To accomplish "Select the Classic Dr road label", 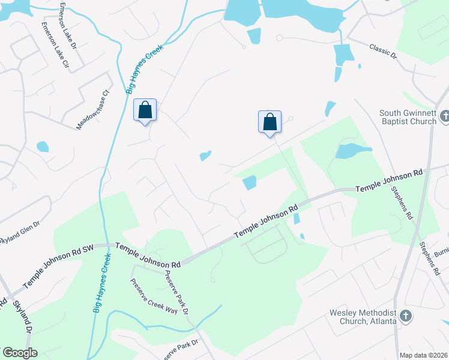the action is [383, 50].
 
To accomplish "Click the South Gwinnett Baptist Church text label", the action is [408, 117].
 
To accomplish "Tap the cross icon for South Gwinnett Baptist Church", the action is [444, 116].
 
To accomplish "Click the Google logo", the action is [19, 353].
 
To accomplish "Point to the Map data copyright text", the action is [423, 355].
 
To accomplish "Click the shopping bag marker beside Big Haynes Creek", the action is [145, 110].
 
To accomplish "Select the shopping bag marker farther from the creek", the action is [270, 122].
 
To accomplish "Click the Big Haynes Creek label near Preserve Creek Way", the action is [102, 282].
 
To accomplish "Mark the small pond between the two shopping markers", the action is [205, 156].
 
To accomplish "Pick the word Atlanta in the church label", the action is [381, 321].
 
